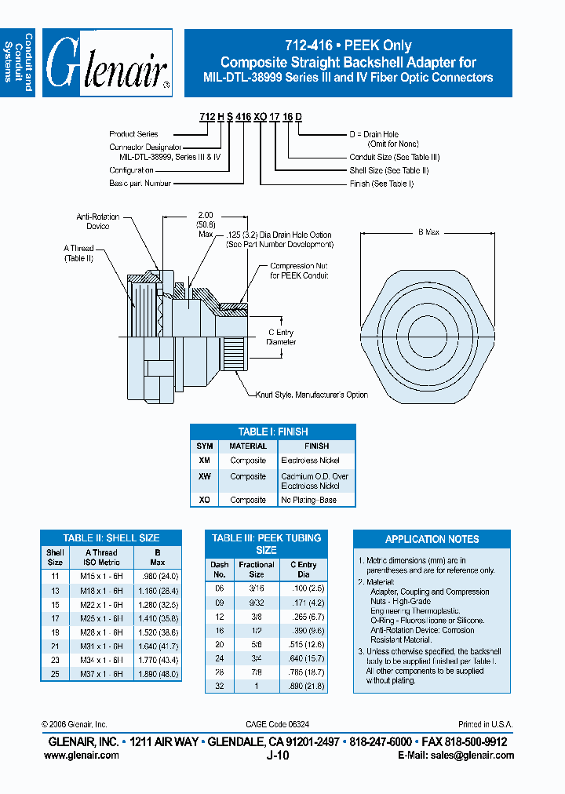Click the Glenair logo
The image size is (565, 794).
click(107, 64)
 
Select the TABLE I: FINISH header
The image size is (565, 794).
click(273, 432)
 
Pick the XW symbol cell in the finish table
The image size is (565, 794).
click(205, 476)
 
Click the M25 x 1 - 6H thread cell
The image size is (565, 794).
click(102, 618)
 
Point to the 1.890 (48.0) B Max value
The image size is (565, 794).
click(157, 674)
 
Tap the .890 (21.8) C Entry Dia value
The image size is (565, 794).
click(303, 687)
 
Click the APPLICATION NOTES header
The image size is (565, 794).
click(432, 539)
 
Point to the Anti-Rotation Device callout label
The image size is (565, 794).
click(93, 221)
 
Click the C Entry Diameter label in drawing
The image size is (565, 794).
click(282, 337)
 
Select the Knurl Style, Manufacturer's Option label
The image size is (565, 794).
click(312, 395)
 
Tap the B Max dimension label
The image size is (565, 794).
click(428, 233)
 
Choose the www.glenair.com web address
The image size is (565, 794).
click(82, 755)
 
